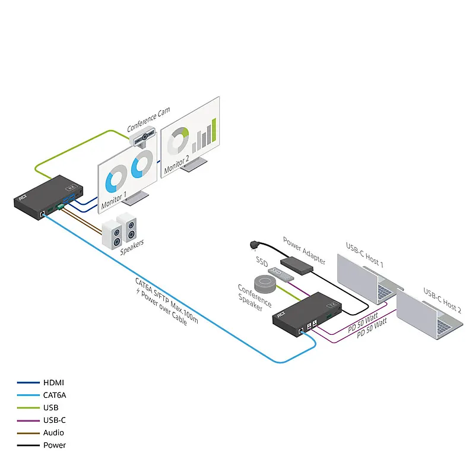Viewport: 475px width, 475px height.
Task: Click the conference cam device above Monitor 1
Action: click(143, 137)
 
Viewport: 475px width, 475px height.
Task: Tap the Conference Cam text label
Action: click(148, 120)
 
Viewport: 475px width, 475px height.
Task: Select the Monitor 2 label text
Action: click(176, 164)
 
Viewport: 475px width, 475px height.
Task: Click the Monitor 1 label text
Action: click(114, 200)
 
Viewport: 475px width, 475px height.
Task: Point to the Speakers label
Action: click(132, 248)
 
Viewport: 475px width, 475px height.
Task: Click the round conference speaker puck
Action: click(265, 284)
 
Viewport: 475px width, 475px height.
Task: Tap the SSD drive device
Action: click(281, 274)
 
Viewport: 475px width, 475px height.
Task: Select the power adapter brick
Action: click(296, 265)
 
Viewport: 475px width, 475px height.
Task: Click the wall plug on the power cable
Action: click(254, 245)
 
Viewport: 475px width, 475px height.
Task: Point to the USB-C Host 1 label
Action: click(365, 255)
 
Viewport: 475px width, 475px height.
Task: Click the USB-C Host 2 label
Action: click(442, 300)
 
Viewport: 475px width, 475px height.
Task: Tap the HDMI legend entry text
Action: click(53, 382)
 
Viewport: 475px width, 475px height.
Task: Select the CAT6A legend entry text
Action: click(55, 395)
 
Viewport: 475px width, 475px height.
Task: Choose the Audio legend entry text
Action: click(53, 433)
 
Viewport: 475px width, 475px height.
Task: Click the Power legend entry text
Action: click(55, 445)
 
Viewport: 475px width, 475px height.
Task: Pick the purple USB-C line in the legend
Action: click(28, 420)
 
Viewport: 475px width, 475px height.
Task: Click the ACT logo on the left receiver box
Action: click(23, 198)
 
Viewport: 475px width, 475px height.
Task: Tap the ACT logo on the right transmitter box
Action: click(281, 315)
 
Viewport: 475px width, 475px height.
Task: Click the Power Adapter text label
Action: click(304, 251)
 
